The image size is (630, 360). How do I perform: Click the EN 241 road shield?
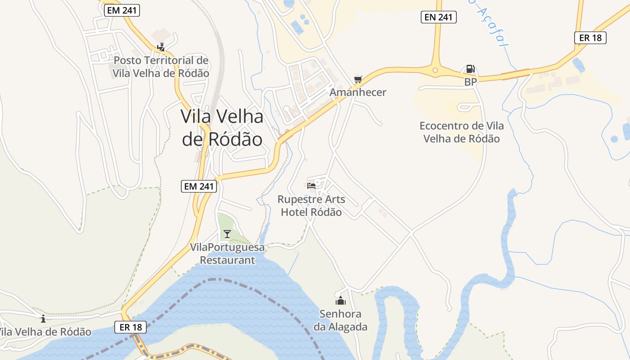(x=439, y=17)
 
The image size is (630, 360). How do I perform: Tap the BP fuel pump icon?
(x=470, y=69)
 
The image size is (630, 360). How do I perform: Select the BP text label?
(x=470, y=82)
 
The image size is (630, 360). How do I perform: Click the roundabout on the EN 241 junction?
(x=435, y=70)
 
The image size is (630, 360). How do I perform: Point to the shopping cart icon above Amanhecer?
(x=358, y=80)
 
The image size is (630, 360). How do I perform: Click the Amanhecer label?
(x=358, y=92)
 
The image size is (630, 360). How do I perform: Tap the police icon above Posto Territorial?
(x=161, y=47)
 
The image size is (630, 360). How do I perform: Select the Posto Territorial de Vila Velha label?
(x=161, y=67)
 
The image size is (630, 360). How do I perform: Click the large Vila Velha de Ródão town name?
(x=222, y=128)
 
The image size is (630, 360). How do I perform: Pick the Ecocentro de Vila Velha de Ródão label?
(x=461, y=132)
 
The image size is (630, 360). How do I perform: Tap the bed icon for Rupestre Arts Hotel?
(x=311, y=185)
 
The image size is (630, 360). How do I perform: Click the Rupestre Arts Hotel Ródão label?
(x=311, y=205)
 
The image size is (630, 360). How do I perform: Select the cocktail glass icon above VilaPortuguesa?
(x=227, y=234)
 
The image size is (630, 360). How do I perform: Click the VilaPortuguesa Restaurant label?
(x=227, y=253)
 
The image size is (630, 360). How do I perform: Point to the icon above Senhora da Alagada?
(x=340, y=300)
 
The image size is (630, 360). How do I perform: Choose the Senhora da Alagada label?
(x=340, y=320)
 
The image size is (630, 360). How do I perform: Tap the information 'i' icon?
(x=43, y=319)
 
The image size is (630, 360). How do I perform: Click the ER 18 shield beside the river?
(x=131, y=327)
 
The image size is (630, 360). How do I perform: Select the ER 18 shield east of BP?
(x=590, y=38)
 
